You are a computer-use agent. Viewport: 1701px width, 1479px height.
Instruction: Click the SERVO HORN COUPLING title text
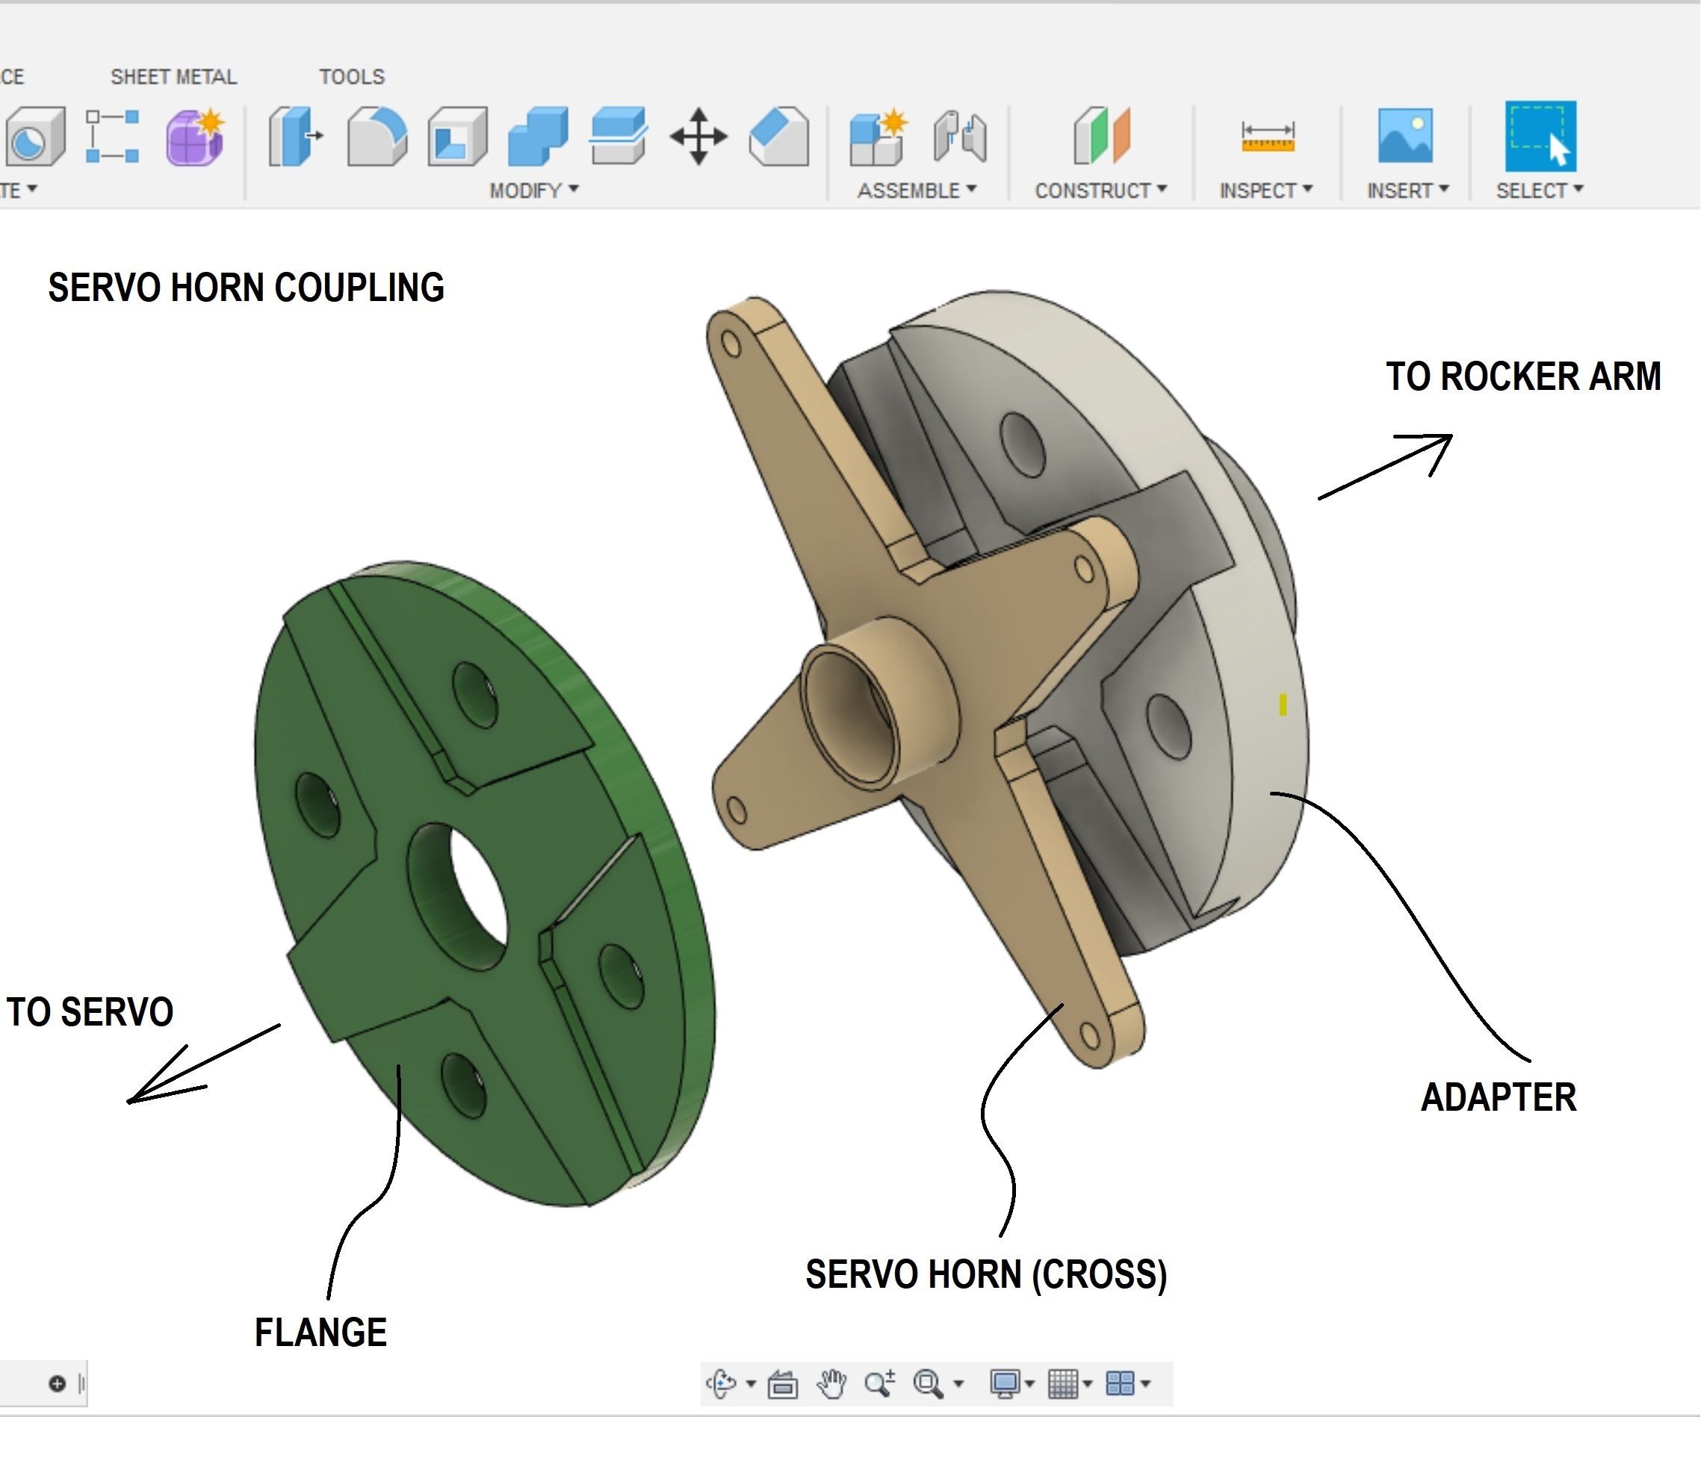pyautogui.click(x=246, y=288)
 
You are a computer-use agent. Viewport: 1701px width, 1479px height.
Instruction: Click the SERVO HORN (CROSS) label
pyautogui.click(x=986, y=1274)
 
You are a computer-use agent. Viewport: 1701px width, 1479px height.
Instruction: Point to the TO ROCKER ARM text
pyautogui.click(x=1522, y=376)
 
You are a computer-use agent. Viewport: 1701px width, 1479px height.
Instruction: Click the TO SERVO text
pyautogui.click(x=90, y=1012)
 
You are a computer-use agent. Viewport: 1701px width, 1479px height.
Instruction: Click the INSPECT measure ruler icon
pyautogui.click(x=1268, y=137)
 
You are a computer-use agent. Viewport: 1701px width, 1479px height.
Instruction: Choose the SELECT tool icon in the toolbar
pyautogui.click(x=1540, y=137)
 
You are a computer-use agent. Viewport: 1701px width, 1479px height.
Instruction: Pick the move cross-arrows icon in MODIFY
pyautogui.click(x=698, y=137)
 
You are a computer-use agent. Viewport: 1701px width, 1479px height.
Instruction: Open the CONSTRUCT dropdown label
pyautogui.click(x=1100, y=190)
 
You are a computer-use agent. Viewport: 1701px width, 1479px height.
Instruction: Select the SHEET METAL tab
pyautogui.click(x=173, y=77)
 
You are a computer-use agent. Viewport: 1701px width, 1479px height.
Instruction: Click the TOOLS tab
pyautogui.click(x=352, y=77)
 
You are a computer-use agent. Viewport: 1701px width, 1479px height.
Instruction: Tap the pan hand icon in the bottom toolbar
pyautogui.click(x=832, y=1383)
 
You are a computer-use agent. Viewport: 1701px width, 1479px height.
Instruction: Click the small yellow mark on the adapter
pyautogui.click(x=1283, y=704)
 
